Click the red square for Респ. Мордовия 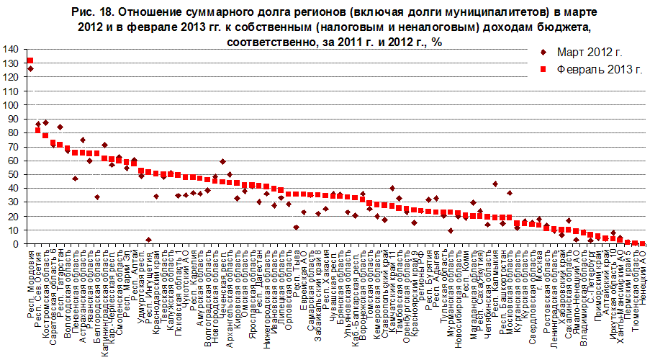coord(30,60)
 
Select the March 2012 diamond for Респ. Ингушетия coord(148,240)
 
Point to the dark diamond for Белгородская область coord(96,197)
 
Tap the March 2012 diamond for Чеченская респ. coord(222,162)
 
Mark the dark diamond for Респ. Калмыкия coord(495,184)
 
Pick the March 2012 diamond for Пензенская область coord(75,178)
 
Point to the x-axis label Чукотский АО coord(186,274)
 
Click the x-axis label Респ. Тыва coord(297,273)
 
